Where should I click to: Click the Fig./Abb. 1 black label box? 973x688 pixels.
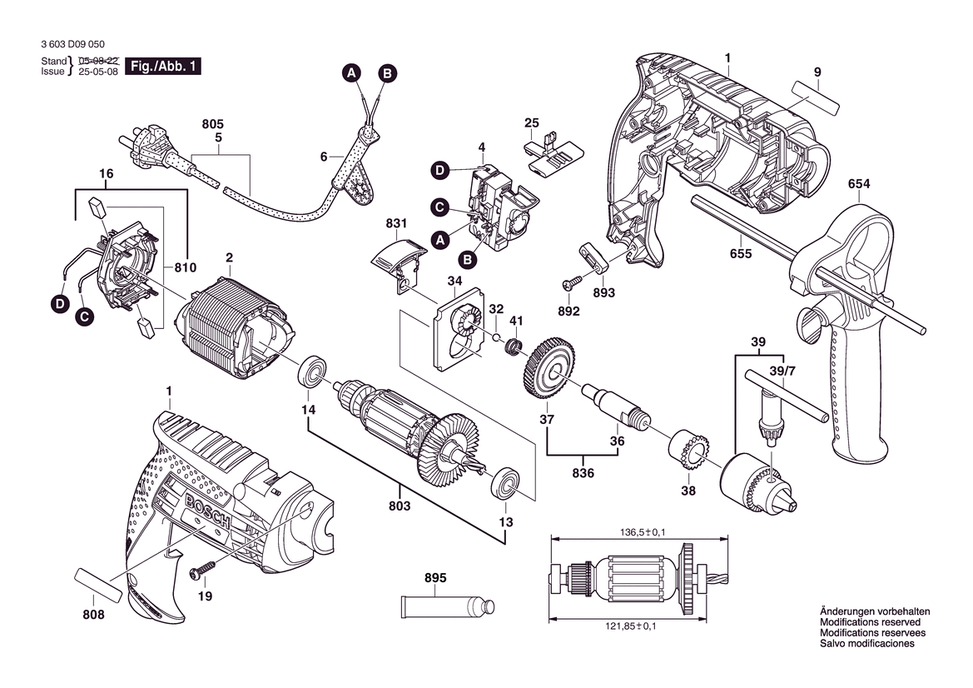tap(162, 66)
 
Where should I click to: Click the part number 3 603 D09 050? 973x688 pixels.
tap(72, 44)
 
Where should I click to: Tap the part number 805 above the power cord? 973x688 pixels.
tap(213, 125)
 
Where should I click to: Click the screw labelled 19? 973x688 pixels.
tap(203, 570)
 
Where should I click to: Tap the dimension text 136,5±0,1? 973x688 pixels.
tap(643, 532)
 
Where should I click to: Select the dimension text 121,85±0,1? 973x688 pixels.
tap(630, 626)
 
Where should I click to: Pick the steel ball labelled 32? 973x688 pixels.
tap(497, 337)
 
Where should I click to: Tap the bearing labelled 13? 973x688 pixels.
tap(505, 482)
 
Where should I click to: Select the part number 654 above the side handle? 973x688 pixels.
tap(859, 184)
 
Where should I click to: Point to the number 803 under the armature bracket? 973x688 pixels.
tap(400, 506)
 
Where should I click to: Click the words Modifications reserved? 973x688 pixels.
tap(871, 622)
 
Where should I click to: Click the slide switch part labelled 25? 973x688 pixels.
tap(553, 151)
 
